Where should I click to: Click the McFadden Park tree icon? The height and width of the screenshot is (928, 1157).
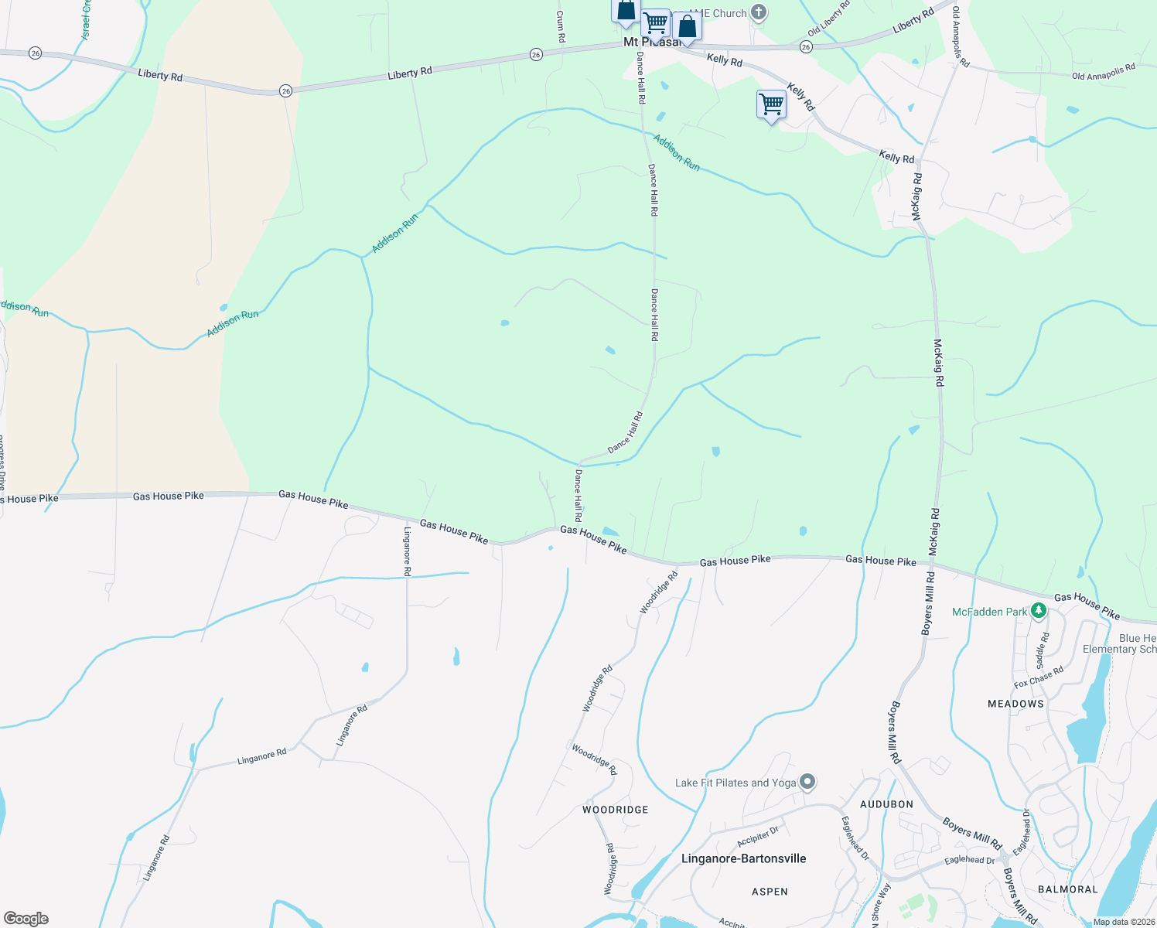1039,612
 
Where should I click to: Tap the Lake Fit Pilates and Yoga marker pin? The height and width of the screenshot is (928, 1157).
807,782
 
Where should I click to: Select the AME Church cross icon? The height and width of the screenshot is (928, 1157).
759,12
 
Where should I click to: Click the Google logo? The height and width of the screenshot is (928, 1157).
26,919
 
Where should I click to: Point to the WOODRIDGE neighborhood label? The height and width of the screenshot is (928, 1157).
616,810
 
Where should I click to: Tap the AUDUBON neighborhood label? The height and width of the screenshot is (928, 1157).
887,804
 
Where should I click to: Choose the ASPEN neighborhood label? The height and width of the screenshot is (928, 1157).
770,892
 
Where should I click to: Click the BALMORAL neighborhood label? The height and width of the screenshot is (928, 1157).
1068,889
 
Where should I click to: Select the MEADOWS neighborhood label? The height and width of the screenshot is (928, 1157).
1016,704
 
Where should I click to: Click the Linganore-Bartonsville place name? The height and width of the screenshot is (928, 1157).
744,858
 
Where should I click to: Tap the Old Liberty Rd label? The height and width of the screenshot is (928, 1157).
828,19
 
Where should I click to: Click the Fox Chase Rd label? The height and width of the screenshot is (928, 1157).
1039,677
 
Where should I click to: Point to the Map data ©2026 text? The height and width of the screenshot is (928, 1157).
1124,922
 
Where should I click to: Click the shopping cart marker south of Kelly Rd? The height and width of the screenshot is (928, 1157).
771,104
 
